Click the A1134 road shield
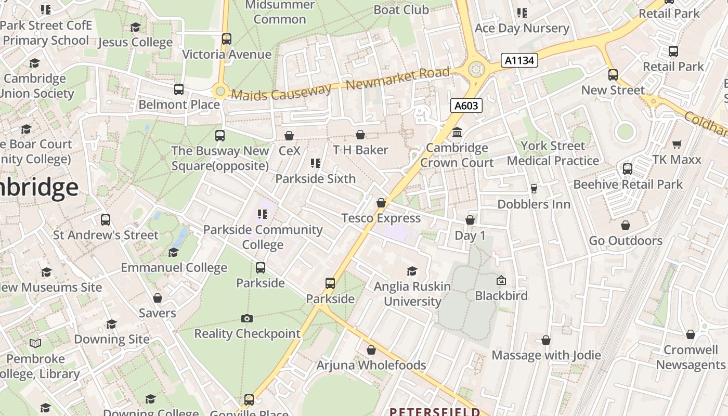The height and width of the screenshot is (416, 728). pyautogui.click(x=519, y=60)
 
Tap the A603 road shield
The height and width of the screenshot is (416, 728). pyautogui.click(x=466, y=106)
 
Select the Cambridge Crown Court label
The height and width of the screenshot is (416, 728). pyautogui.click(x=457, y=155)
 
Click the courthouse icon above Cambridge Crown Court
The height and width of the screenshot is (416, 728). pyautogui.click(x=457, y=133)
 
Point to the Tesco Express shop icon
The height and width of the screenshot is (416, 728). pyautogui.click(x=381, y=203)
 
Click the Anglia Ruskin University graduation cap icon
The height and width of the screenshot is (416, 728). pyautogui.click(x=412, y=271)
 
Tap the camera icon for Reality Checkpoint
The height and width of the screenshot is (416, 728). pyautogui.click(x=247, y=318)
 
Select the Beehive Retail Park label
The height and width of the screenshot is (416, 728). pyautogui.click(x=628, y=185)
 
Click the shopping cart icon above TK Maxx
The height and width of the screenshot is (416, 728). pyautogui.click(x=677, y=144)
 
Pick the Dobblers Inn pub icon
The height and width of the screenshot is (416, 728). pyautogui.click(x=534, y=189)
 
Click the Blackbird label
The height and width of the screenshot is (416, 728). pyautogui.click(x=501, y=296)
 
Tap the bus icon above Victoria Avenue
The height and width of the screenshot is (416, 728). pyautogui.click(x=226, y=39)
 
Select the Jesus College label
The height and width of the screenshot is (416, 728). pyautogui.click(x=135, y=42)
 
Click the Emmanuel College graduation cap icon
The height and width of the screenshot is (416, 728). pyautogui.click(x=174, y=252)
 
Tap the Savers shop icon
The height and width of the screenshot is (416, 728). pyautogui.click(x=158, y=298)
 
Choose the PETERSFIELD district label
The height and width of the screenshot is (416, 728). pyautogui.click(x=435, y=412)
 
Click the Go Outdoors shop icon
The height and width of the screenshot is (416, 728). pyautogui.click(x=626, y=225)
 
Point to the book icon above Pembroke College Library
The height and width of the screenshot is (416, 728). pyautogui.click(x=35, y=343)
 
